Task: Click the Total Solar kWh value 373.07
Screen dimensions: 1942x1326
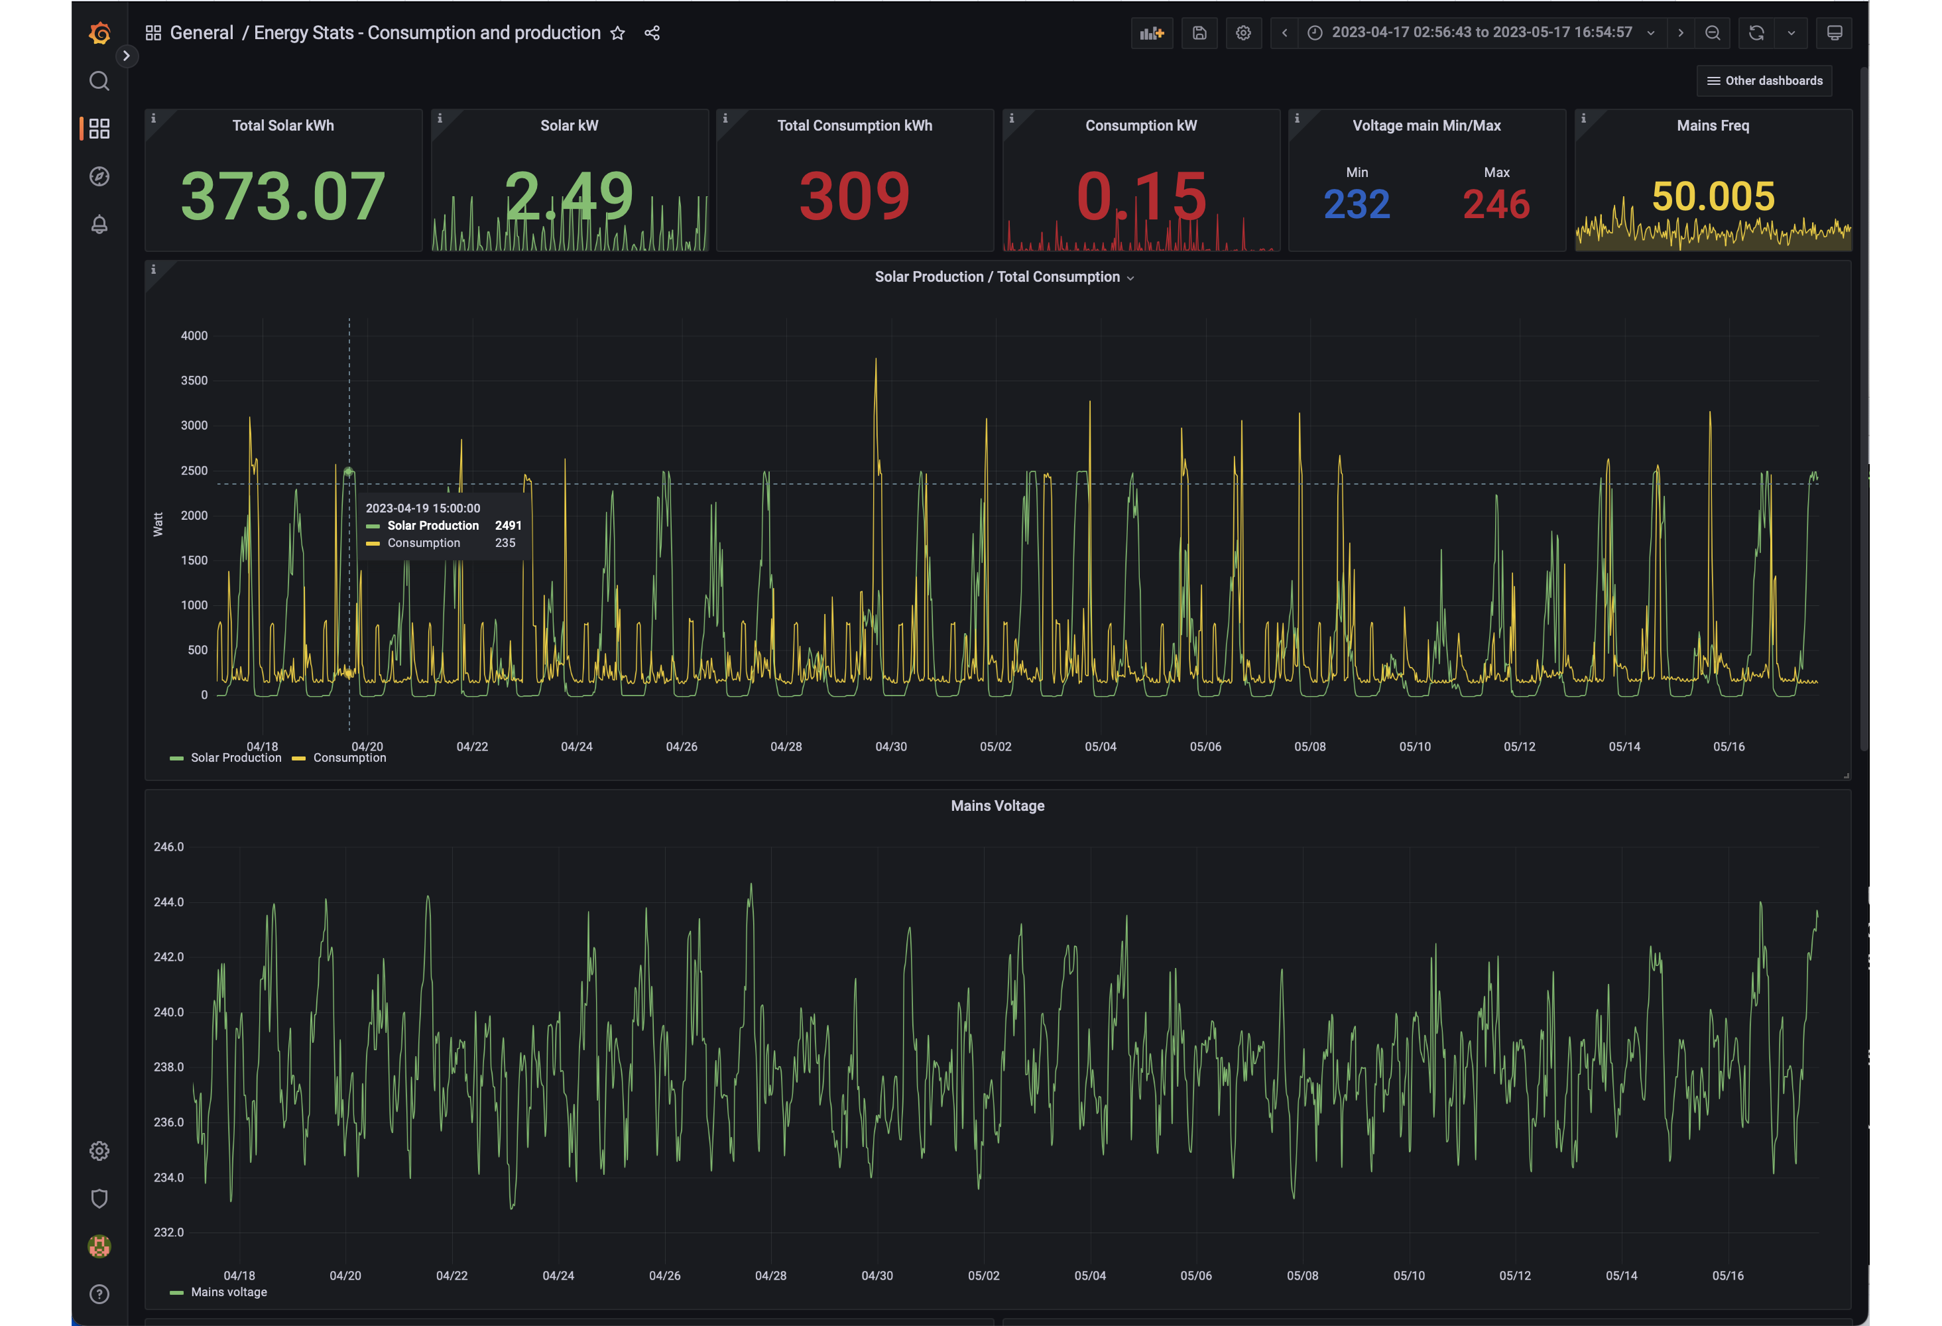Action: (x=283, y=196)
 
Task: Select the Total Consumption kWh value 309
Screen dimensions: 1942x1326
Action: (x=854, y=196)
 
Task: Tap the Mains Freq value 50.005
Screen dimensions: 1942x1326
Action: (x=1713, y=196)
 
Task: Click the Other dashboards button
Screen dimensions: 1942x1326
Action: (x=1764, y=81)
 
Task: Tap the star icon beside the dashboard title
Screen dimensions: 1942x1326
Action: (x=617, y=33)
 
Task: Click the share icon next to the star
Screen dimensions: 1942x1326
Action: (x=652, y=33)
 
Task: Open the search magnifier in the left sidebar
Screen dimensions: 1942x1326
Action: (x=99, y=81)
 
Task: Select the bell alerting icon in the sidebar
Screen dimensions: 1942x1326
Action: (x=99, y=224)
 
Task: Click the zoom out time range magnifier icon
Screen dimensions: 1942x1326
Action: (x=1712, y=33)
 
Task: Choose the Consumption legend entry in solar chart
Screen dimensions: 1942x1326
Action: (x=339, y=758)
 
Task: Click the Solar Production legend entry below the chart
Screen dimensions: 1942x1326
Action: (x=225, y=758)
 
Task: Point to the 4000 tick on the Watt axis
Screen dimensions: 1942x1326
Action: (x=194, y=336)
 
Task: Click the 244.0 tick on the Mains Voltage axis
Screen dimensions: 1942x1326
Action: (x=169, y=902)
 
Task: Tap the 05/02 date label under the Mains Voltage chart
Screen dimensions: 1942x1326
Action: (x=983, y=1276)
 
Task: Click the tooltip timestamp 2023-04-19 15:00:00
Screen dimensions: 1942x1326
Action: (x=423, y=508)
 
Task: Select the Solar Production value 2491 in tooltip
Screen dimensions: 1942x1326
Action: (x=508, y=526)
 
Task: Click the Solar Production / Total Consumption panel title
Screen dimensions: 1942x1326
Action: (x=997, y=276)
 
